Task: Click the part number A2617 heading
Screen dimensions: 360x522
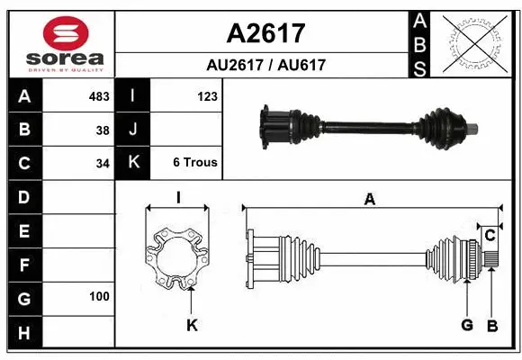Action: (x=265, y=33)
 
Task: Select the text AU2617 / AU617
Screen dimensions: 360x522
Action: (x=265, y=65)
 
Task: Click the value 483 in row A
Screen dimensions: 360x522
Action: (x=99, y=95)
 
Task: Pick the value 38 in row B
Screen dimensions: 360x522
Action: (x=103, y=130)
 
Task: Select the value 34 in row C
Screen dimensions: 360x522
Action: (x=103, y=164)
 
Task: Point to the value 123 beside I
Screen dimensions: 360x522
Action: (x=207, y=95)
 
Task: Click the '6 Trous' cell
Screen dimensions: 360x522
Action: (x=195, y=163)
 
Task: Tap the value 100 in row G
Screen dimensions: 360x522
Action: (x=99, y=296)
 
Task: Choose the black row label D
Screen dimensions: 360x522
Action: (x=24, y=197)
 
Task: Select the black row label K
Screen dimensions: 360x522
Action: (x=133, y=163)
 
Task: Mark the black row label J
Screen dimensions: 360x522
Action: (x=133, y=130)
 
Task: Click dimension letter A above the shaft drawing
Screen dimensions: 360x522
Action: (x=369, y=200)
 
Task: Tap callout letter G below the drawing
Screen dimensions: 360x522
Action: (x=467, y=325)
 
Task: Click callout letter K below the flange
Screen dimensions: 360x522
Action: (x=192, y=326)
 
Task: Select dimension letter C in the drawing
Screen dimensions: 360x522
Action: (x=490, y=236)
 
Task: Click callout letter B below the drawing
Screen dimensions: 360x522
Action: (x=491, y=325)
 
